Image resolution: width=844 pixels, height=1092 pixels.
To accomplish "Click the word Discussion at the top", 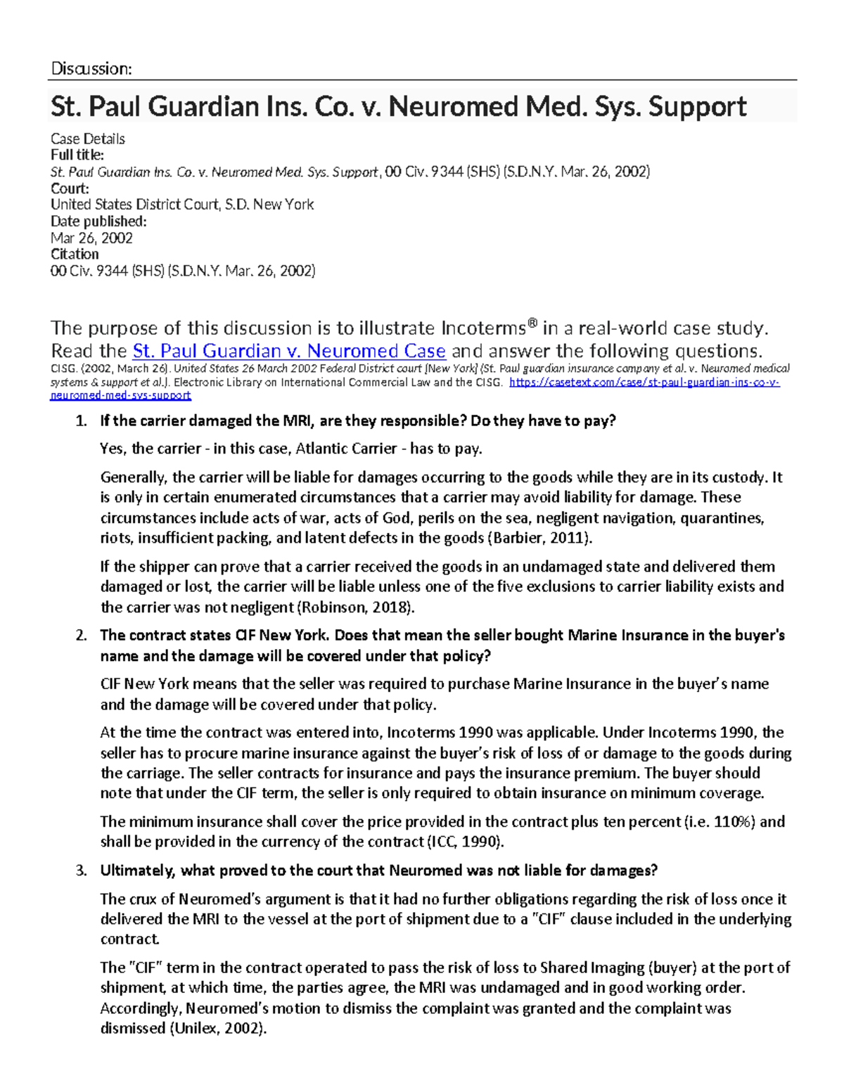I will [x=91, y=68].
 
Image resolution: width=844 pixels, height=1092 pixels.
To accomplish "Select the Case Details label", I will [x=88, y=139].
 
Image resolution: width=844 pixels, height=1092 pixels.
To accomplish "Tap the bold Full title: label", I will [x=77, y=155].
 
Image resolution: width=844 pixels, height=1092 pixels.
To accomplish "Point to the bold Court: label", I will [x=70, y=188].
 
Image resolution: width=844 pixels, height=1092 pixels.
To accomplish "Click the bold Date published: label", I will [x=98, y=221].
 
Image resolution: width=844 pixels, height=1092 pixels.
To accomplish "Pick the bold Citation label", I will [x=75, y=254].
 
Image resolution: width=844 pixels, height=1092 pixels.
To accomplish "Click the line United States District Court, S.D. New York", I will [x=182, y=205].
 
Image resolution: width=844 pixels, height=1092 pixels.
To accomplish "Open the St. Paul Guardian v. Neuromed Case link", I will [x=289, y=351].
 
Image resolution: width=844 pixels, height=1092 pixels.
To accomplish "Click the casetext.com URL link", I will [x=644, y=383].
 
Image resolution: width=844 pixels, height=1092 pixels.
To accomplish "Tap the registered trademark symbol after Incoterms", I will [x=532, y=323].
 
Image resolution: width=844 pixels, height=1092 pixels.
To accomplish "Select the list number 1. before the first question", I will [x=81, y=421].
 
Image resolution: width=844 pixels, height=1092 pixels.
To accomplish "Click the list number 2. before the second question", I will [x=81, y=636].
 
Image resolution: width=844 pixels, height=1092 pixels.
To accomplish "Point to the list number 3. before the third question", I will [x=81, y=871].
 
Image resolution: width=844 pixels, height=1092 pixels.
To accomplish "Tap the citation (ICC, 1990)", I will [x=465, y=842].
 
